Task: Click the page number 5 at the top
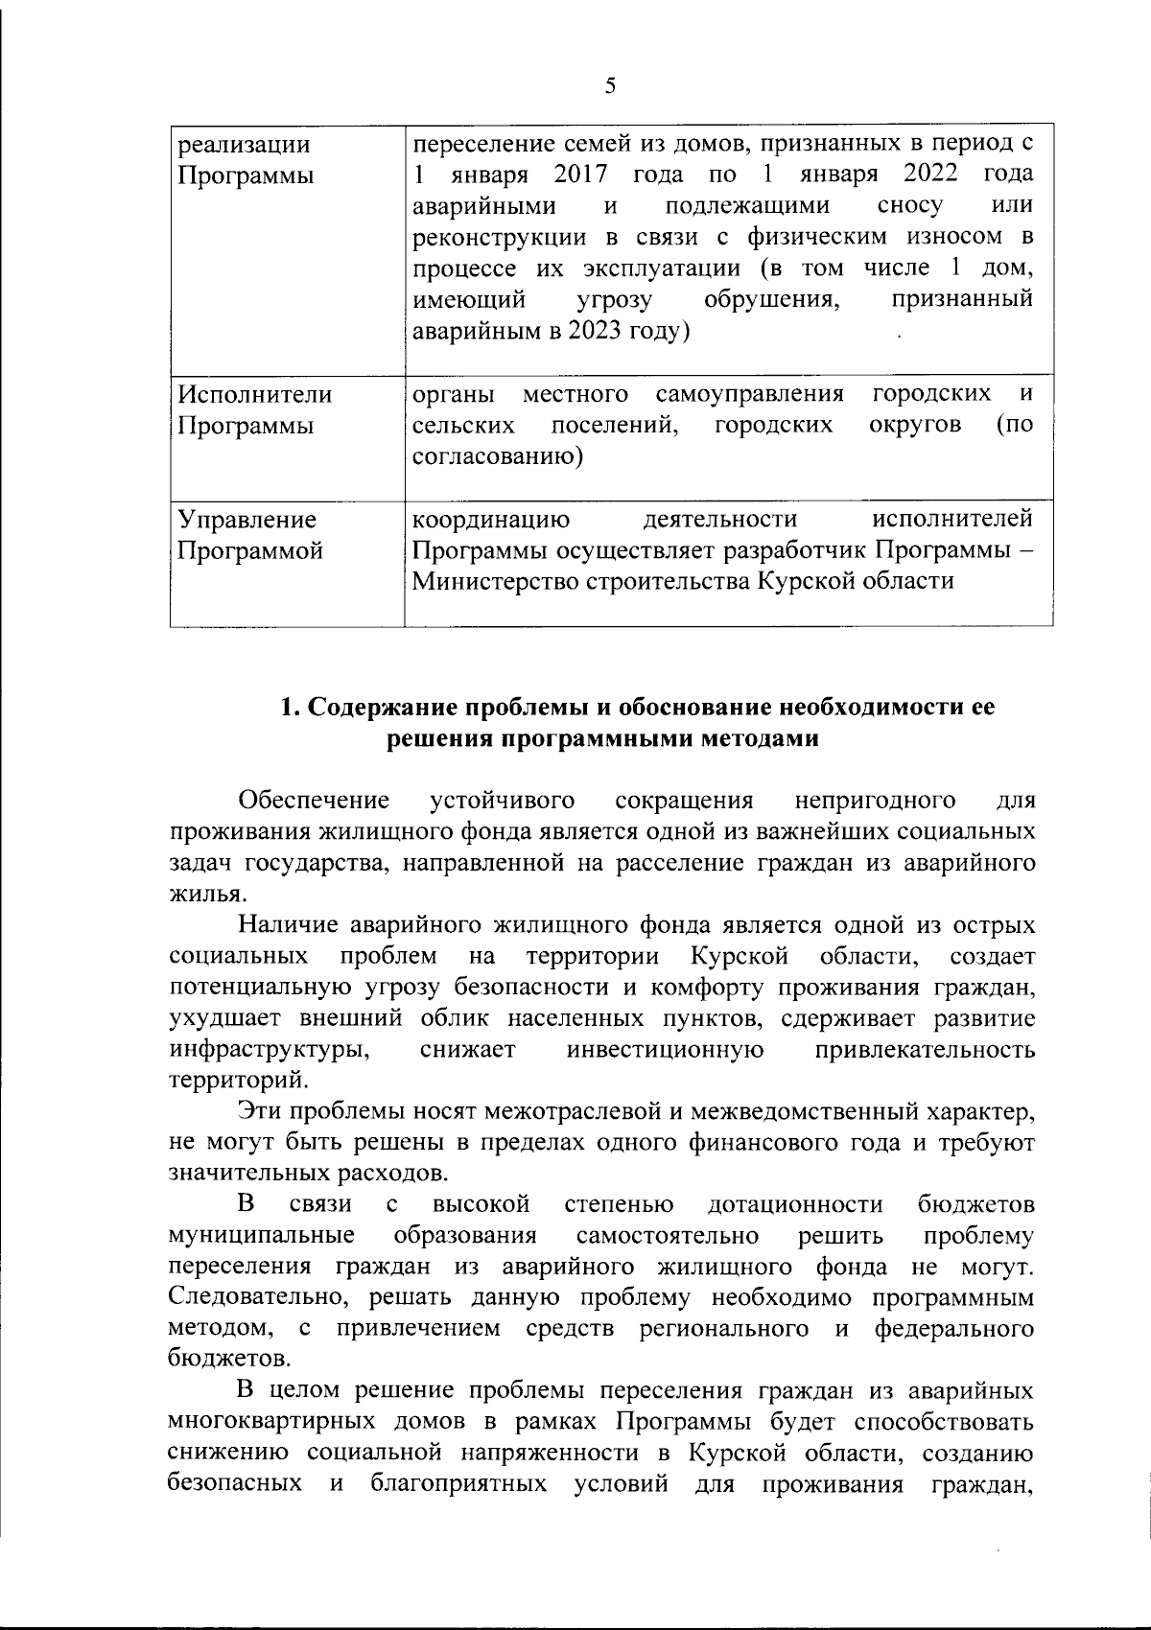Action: (x=611, y=86)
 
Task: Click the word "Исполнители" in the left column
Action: (x=255, y=395)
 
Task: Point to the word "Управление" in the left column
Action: (x=248, y=520)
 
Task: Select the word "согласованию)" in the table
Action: (x=497, y=456)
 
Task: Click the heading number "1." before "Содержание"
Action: (x=292, y=709)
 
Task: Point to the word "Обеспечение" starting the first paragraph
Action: (x=314, y=801)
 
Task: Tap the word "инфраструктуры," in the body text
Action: (x=270, y=1050)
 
